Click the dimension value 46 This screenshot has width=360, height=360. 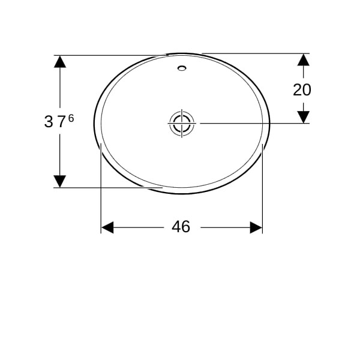click(x=181, y=227)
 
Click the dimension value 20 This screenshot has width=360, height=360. click(x=302, y=90)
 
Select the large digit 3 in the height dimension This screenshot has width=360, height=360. click(x=49, y=122)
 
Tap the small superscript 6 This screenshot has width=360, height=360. click(x=71, y=118)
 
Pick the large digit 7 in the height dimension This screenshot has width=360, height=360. click(x=62, y=122)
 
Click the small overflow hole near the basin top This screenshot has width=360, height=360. click(x=182, y=68)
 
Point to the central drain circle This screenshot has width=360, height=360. click(x=182, y=123)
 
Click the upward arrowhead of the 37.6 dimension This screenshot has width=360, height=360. click(x=60, y=62)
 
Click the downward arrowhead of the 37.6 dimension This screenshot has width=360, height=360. click(x=60, y=181)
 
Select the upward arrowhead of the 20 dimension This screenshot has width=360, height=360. click(x=303, y=59)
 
